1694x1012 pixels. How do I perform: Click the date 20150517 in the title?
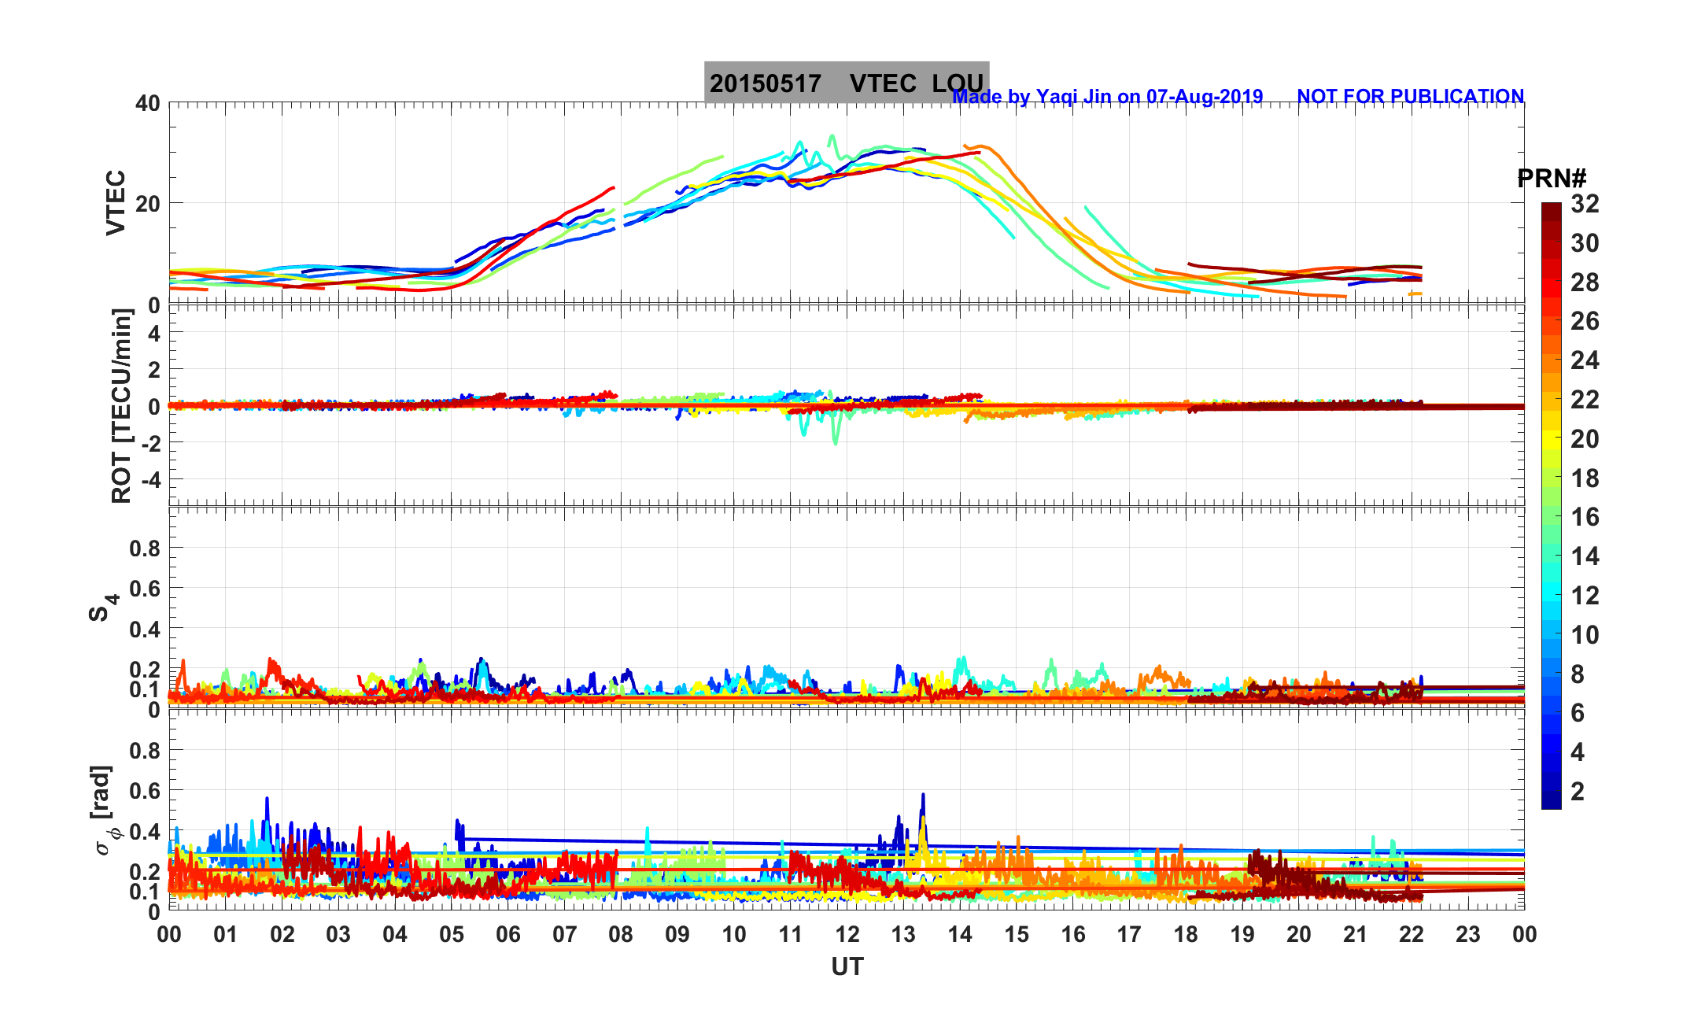pyautogui.click(x=765, y=83)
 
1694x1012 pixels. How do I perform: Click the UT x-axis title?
pyautogui.click(x=847, y=966)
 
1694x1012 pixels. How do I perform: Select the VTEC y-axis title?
pyautogui.click(x=116, y=202)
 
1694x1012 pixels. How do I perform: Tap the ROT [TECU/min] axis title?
pyautogui.click(x=121, y=406)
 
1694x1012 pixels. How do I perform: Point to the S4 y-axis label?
pyautogui.click(x=101, y=608)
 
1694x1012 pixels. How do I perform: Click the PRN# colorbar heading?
pyautogui.click(x=1551, y=179)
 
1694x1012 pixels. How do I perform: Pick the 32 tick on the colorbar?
pyautogui.click(x=1585, y=204)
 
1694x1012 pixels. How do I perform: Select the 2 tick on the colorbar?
pyautogui.click(x=1577, y=792)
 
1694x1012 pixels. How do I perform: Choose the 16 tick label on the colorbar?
pyautogui.click(x=1585, y=517)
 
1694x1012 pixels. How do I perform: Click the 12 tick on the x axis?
pyautogui.click(x=847, y=935)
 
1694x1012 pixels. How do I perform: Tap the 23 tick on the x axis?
pyautogui.click(x=1468, y=935)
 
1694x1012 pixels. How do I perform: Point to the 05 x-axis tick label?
pyautogui.click(x=452, y=935)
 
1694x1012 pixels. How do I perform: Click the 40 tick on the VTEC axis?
pyautogui.click(x=147, y=103)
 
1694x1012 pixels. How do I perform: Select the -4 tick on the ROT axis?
pyautogui.click(x=149, y=479)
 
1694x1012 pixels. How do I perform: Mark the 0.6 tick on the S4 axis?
pyautogui.click(x=145, y=588)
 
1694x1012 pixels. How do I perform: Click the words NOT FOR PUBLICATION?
pyautogui.click(x=1410, y=96)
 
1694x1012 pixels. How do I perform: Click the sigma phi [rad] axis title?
pyautogui.click(x=103, y=811)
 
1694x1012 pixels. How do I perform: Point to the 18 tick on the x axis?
pyautogui.click(x=1186, y=935)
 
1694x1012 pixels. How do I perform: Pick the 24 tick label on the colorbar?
pyautogui.click(x=1585, y=360)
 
